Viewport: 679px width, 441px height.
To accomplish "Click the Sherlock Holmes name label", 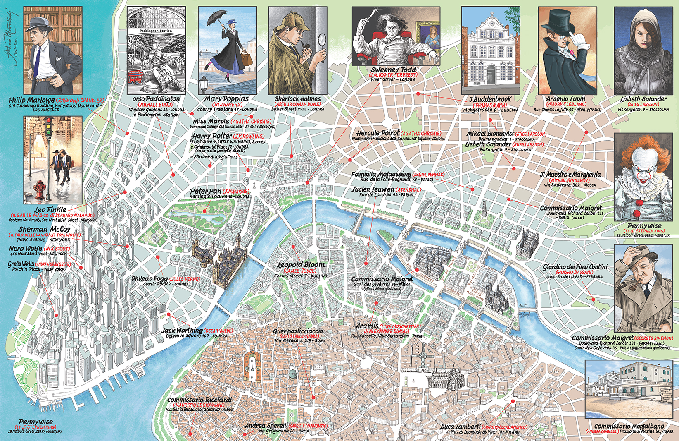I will (x=297, y=99).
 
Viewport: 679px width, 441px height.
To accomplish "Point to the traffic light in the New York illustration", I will (x=49, y=126).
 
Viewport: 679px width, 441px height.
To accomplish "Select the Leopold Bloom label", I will (x=301, y=264).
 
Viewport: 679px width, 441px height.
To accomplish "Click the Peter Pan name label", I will (x=205, y=191).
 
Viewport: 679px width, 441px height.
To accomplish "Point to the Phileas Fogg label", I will (x=149, y=279).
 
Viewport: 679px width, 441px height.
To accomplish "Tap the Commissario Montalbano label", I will (x=629, y=426).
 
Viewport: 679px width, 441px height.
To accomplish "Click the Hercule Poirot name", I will (x=377, y=133).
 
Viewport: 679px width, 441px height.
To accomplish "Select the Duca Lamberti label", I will (x=460, y=427).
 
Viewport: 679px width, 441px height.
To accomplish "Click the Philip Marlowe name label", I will (x=31, y=100).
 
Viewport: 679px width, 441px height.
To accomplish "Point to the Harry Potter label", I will (x=211, y=136).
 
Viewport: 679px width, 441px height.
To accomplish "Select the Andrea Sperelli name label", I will (x=266, y=426).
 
